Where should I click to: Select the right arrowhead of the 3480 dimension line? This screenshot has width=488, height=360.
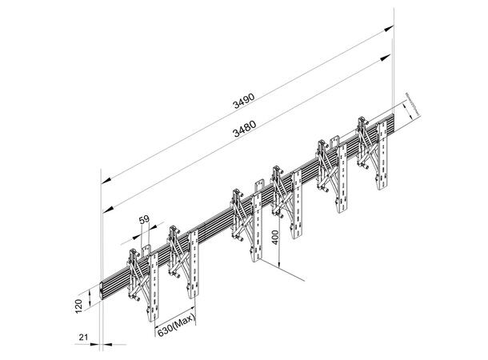click(x=390, y=56)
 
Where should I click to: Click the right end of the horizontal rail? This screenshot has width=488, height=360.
click(x=393, y=122)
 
